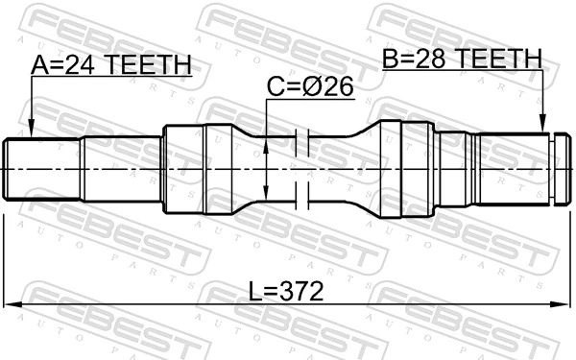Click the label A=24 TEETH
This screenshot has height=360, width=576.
pos(110,65)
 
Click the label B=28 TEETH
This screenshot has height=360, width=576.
pos(461,60)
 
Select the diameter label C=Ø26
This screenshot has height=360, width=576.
pos(310,87)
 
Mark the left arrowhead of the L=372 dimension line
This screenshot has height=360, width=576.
pos(12,306)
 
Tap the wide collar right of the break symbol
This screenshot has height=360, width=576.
pos(402,168)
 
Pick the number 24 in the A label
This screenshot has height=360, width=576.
pos(84,65)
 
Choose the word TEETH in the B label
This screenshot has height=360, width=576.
pos(500,60)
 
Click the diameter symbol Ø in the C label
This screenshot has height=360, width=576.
pos(315,87)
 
